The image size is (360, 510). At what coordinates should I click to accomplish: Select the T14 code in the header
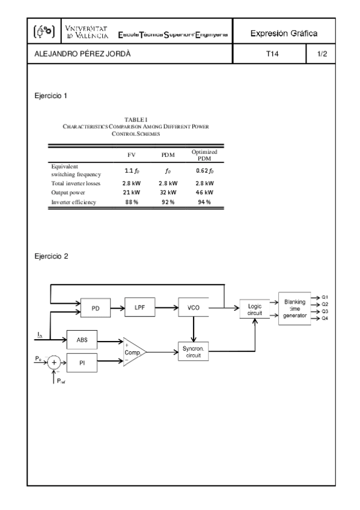point(272,55)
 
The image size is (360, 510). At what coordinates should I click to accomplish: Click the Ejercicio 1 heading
point(52,96)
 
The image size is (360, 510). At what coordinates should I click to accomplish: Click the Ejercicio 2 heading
point(52,256)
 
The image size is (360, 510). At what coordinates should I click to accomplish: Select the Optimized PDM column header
point(204,155)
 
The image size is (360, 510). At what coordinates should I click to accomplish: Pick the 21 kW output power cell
point(132,192)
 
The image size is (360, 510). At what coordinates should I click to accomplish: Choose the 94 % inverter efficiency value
point(204,202)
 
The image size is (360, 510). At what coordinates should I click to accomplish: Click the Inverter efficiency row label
point(74,202)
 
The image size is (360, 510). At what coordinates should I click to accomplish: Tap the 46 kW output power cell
point(204,192)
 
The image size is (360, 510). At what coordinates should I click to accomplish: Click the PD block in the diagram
point(96,308)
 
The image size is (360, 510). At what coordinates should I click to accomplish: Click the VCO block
point(193,307)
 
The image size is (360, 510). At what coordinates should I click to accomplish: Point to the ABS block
point(82,339)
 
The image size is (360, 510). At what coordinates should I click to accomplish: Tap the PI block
point(82,362)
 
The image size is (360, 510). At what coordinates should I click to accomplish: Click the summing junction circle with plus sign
point(55,362)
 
